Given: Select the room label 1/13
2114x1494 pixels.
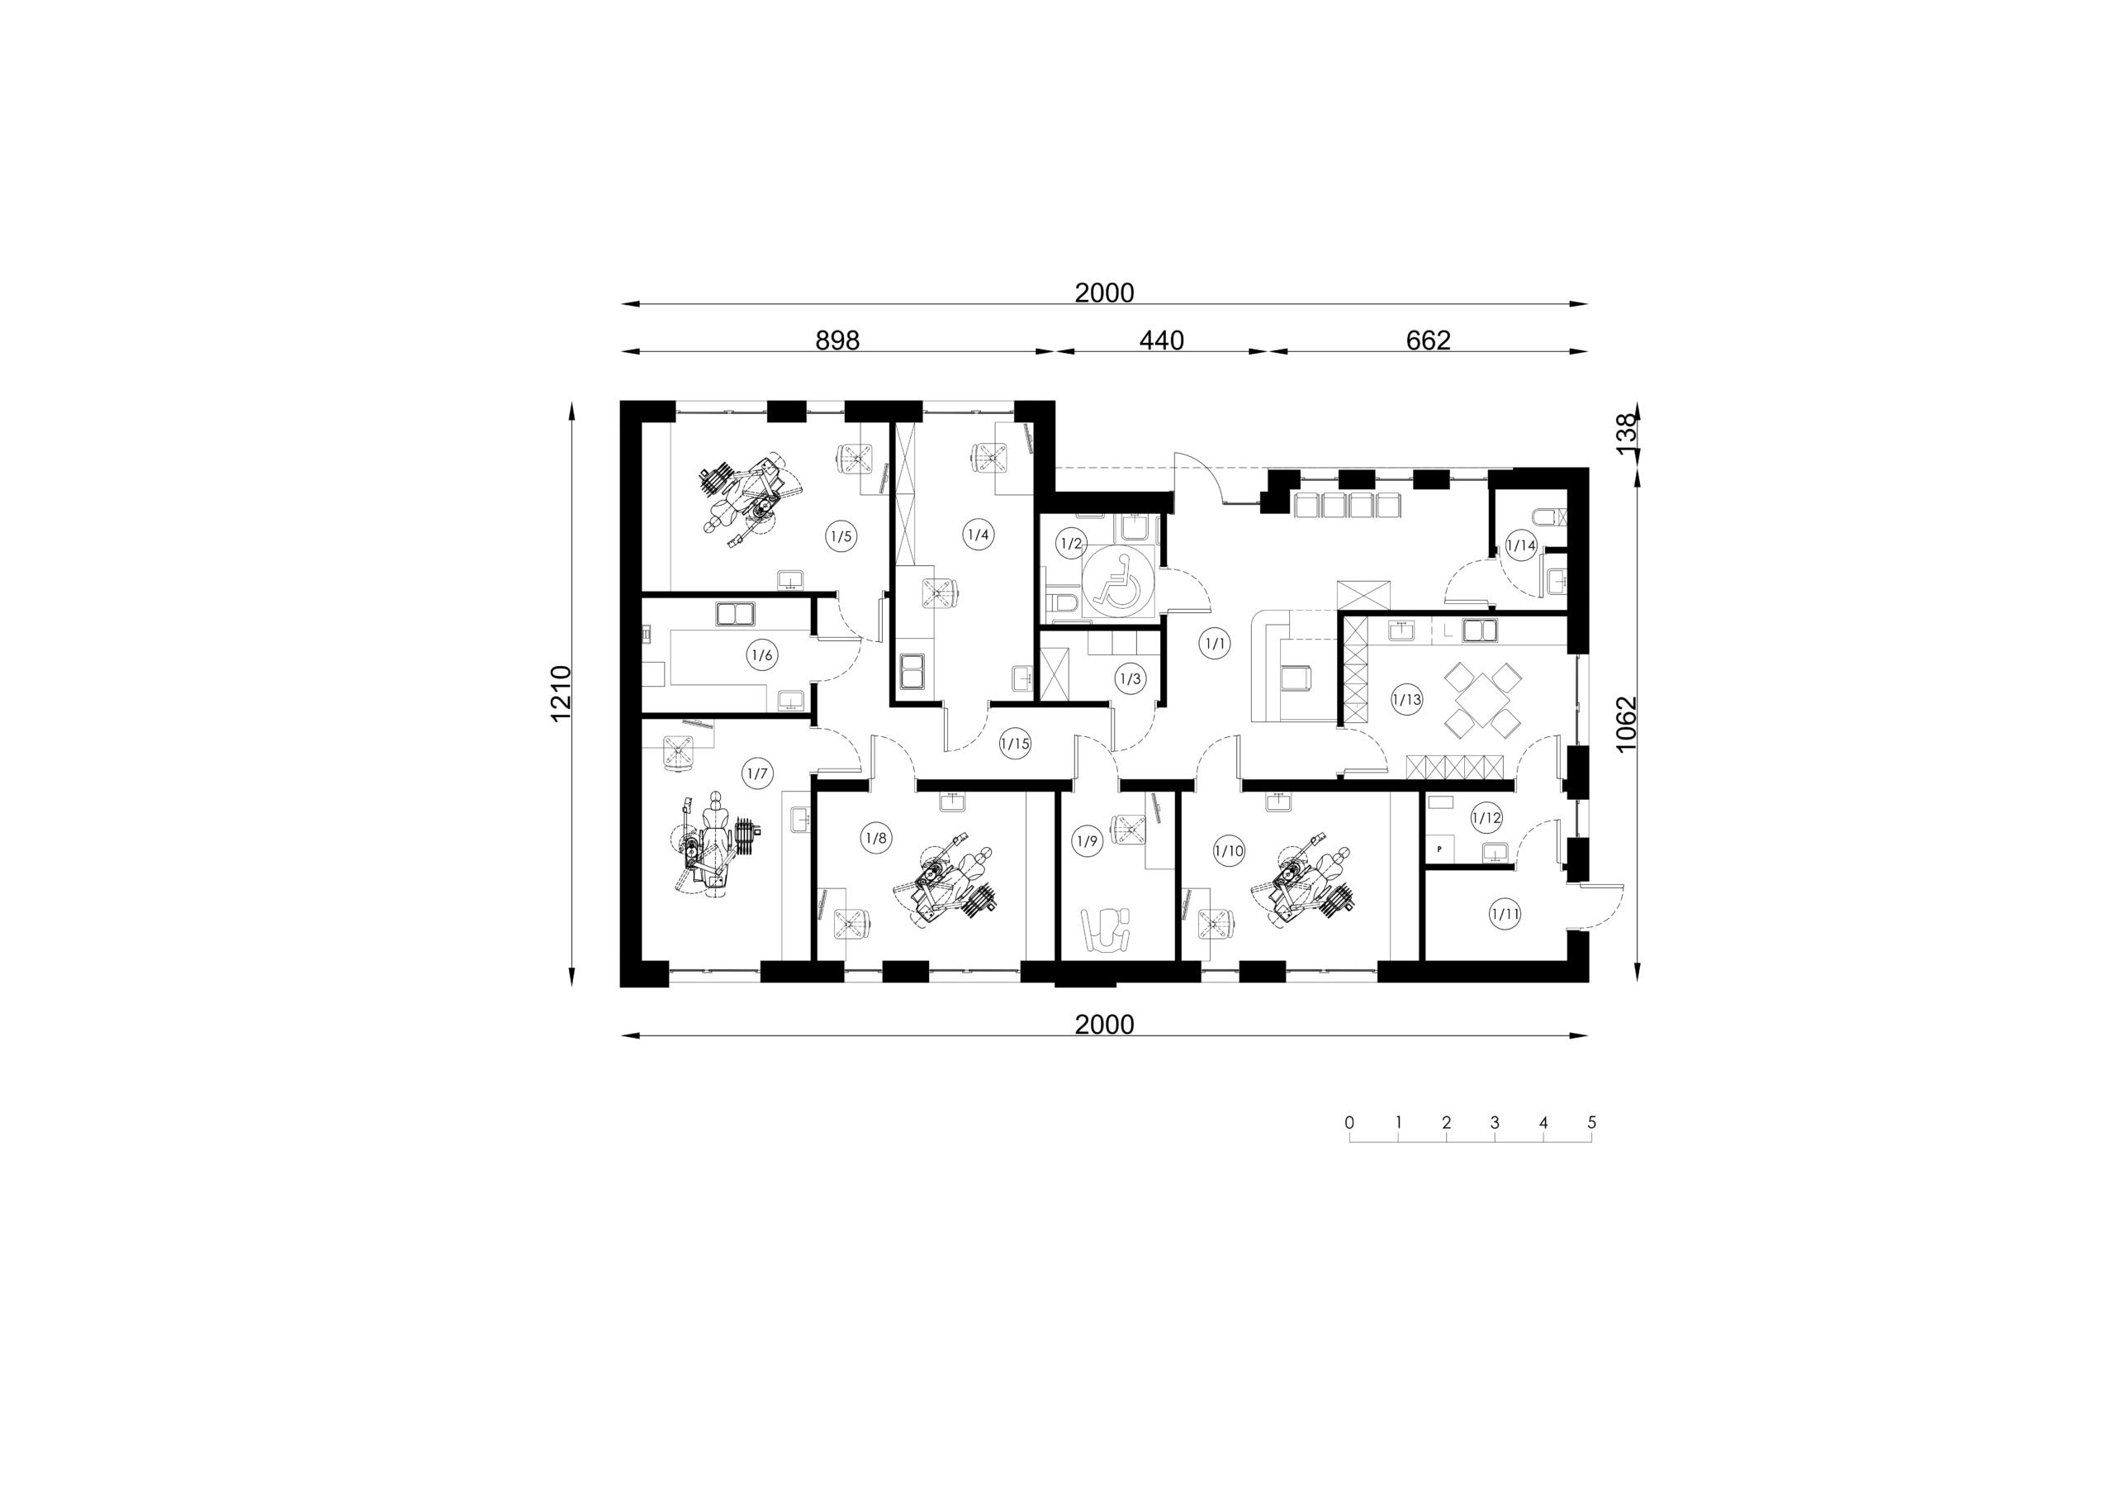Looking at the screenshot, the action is (1407, 700).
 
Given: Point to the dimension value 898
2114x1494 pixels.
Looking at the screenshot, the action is (838, 340).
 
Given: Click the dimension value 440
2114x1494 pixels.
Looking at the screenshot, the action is (1162, 340).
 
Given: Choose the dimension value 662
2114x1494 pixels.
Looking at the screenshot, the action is (1428, 340).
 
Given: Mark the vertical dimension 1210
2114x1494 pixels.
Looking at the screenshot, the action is (562, 693).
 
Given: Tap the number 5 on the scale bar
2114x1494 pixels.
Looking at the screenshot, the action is (1592, 1123).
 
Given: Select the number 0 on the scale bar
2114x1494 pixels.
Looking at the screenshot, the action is (1350, 1123).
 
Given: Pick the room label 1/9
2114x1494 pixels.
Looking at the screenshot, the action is (1088, 841).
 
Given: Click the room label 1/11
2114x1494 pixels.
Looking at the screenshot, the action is (1505, 915).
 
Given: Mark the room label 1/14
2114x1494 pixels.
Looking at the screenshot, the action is (1521, 545).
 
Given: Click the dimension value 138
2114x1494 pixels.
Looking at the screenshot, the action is (1627, 431).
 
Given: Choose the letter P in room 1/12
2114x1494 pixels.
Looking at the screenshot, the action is (1439, 849).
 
